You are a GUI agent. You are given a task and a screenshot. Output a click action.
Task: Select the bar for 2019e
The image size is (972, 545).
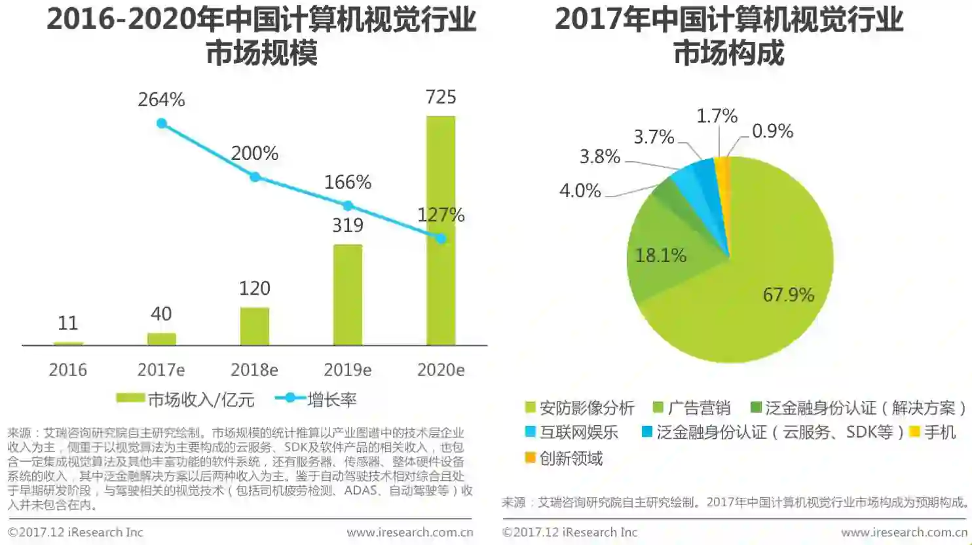point(348,295)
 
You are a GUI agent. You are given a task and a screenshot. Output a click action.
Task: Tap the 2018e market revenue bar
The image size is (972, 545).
point(254,326)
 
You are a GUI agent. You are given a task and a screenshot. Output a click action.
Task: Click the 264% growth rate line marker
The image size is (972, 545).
point(162,123)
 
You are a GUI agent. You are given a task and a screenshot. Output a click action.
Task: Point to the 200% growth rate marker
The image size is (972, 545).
point(255,177)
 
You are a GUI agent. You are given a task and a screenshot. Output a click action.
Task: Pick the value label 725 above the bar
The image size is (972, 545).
point(441,97)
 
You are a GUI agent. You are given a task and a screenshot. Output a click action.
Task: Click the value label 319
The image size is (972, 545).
point(348,225)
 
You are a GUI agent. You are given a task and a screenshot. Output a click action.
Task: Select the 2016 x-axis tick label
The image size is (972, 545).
point(67,370)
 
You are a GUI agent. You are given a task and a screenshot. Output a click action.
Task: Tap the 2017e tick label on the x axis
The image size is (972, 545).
point(161,370)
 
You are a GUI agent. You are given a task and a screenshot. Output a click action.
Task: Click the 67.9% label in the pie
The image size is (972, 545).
point(788,295)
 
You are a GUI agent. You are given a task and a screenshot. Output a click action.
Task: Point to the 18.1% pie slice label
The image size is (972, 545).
point(660,255)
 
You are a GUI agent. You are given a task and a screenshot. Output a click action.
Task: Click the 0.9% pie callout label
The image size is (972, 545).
point(772,131)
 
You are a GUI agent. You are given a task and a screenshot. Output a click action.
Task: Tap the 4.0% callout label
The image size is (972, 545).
point(580,191)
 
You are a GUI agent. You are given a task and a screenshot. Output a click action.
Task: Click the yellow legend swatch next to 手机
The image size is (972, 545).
point(914,432)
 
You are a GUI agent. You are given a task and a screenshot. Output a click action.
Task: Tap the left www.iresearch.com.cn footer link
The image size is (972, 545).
point(410,533)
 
